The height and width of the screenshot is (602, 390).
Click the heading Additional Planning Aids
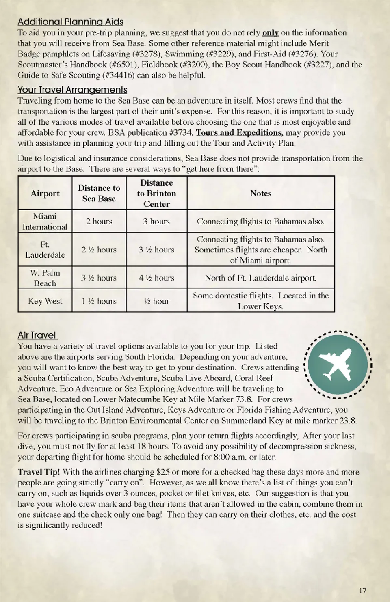click(70, 22)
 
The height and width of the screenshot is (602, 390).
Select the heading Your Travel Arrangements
click(72, 90)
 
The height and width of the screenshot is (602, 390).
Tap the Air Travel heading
click(37, 335)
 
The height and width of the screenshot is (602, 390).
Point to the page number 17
click(362, 590)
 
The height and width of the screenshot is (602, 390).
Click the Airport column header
click(45, 194)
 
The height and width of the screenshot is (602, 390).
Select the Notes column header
click(261, 194)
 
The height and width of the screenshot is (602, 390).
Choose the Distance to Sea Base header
click(99, 193)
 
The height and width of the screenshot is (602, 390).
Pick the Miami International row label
click(45, 222)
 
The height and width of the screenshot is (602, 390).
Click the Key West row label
click(45, 301)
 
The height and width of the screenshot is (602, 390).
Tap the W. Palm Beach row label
click(45, 278)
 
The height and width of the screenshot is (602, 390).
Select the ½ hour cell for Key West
click(156, 301)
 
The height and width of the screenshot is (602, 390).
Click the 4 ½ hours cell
click(156, 278)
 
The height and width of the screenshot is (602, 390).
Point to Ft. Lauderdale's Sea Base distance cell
click(99, 250)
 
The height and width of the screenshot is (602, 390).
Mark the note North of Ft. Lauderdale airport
click(260, 278)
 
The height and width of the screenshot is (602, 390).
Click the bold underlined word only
click(271, 33)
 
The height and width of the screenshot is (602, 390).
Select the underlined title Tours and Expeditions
click(239, 133)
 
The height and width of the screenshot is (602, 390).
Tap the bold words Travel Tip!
click(39, 472)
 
